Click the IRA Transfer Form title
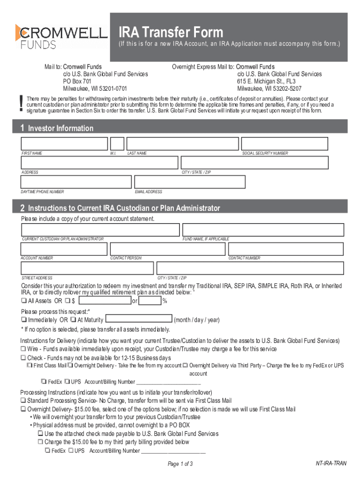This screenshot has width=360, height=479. click(x=171, y=32)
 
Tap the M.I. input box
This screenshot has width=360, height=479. click(x=117, y=144)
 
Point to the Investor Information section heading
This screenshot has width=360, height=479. click(x=60, y=128)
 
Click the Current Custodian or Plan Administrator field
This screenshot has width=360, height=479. click(x=100, y=230)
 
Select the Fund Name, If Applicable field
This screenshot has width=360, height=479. click(x=263, y=230)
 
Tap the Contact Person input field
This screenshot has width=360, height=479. click(x=167, y=249)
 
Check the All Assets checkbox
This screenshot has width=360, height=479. click(x=23, y=301)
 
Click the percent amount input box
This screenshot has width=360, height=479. click(x=150, y=300)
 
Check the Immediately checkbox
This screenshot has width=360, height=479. click(x=23, y=320)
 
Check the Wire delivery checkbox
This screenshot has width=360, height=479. click(x=23, y=349)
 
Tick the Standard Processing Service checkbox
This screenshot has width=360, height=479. click(x=23, y=401)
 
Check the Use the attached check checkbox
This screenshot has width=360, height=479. click(x=41, y=434)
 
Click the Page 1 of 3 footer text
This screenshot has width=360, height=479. click(x=180, y=464)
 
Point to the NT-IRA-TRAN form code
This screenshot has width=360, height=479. click(x=331, y=463)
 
